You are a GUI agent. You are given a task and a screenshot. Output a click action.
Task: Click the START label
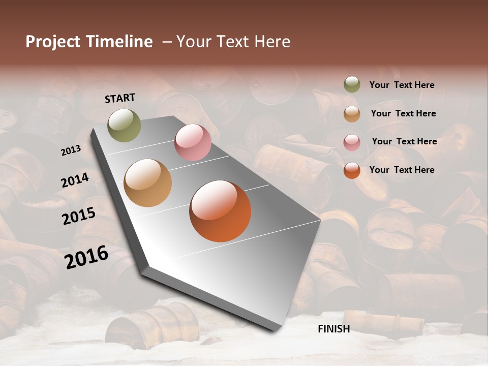(x=120, y=98)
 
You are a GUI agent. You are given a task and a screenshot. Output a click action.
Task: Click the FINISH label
(x=333, y=329)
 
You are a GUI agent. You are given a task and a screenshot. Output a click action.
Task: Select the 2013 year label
(x=71, y=150)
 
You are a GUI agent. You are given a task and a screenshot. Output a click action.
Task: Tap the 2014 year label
(x=75, y=180)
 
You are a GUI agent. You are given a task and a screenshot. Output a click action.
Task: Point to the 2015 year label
(x=78, y=216)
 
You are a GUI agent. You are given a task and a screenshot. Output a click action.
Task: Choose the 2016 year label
(x=86, y=257)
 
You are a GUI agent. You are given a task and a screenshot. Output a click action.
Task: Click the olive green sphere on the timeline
(x=124, y=125)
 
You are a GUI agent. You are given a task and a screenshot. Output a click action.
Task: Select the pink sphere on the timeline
(x=193, y=142)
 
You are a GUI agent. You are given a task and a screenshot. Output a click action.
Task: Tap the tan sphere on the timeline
(x=147, y=183)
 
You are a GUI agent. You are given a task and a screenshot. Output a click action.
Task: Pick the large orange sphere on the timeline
(x=220, y=211)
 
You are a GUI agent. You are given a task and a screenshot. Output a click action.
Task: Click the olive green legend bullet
(x=352, y=85)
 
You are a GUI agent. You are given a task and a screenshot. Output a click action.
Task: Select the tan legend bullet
(x=352, y=114)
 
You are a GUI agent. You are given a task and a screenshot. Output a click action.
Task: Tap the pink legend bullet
(x=352, y=142)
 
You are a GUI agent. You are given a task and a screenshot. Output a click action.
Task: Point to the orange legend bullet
(x=352, y=170)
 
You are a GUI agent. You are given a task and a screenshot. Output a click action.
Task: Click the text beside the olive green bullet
(x=402, y=85)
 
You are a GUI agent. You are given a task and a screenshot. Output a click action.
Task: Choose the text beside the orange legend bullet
(x=402, y=170)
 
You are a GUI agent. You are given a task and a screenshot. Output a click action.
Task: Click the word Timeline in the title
(x=119, y=42)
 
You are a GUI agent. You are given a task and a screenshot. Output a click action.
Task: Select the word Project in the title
(x=53, y=42)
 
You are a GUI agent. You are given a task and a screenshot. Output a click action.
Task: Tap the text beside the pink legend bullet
(x=404, y=141)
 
